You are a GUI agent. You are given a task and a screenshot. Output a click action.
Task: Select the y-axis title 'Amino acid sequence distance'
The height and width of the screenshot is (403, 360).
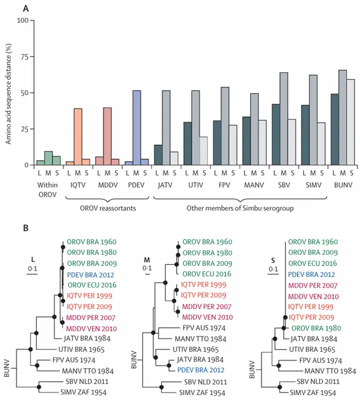(x=10, y=93)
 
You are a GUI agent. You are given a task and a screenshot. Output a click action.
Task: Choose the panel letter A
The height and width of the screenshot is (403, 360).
(x=26, y=8)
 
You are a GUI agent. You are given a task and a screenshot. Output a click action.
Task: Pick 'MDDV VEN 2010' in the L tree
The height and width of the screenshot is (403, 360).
(x=92, y=329)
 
